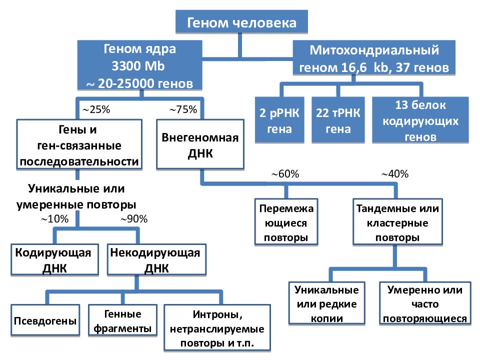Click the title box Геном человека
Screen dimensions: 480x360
click(x=241, y=21)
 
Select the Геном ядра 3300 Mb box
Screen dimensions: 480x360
click(x=139, y=65)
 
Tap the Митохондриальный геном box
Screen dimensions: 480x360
click(x=374, y=58)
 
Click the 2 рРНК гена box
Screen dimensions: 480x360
click(x=279, y=120)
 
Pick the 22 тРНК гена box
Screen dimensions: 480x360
click(x=338, y=120)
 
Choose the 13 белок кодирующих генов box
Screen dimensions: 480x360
click(x=420, y=120)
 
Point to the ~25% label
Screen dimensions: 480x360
click(x=96, y=109)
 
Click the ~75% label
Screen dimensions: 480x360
click(x=183, y=109)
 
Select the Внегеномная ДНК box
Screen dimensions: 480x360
click(x=200, y=144)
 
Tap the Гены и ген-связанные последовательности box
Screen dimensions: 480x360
click(x=79, y=144)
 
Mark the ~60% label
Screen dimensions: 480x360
click(x=285, y=174)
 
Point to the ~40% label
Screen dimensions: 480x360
click(x=395, y=174)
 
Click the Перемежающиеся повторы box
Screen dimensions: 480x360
click(x=286, y=222)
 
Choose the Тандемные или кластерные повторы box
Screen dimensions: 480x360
click(x=397, y=222)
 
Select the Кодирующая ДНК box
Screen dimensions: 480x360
click(x=54, y=259)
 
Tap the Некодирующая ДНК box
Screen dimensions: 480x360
click(x=156, y=259)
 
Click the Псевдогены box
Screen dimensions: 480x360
click(x=45, y=320)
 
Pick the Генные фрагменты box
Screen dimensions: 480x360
click(x=123, y=320)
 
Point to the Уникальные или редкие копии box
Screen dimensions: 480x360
click(x=327, y=303)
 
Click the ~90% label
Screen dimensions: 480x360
click(x=134, y=219)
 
